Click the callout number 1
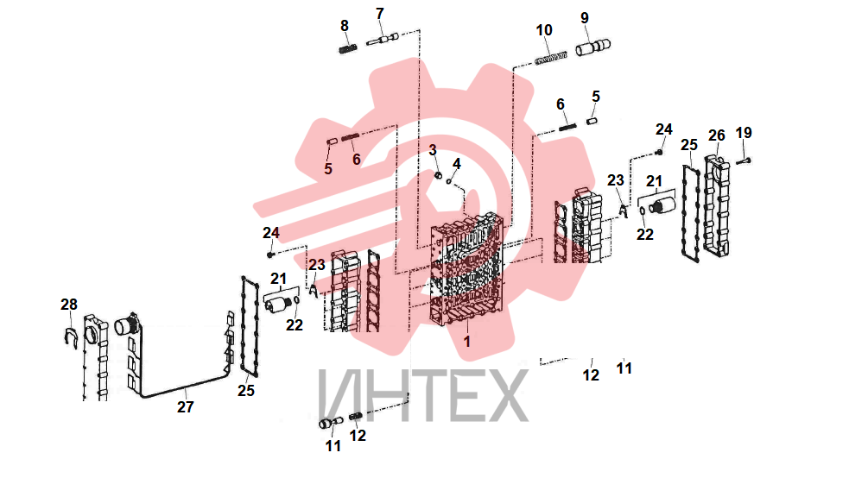coord(466,341)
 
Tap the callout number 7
coord(379,14)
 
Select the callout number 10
coord(544,30)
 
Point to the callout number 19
coord(744,133)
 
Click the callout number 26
coord(716,135)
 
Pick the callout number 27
coord(185,407)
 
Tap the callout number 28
coord(69,305)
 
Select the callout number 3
coord(433,150)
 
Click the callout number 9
coord(585,18)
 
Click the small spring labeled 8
coord(348,49)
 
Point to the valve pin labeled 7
coord(383,39)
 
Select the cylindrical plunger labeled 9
coord(592,47)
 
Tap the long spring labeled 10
coord(551,58)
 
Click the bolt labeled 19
coord(744,160)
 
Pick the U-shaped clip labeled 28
coord(69,339)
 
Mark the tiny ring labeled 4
coord(449,181)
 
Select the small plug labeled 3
coord(439,175)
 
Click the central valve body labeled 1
coord(466,270)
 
